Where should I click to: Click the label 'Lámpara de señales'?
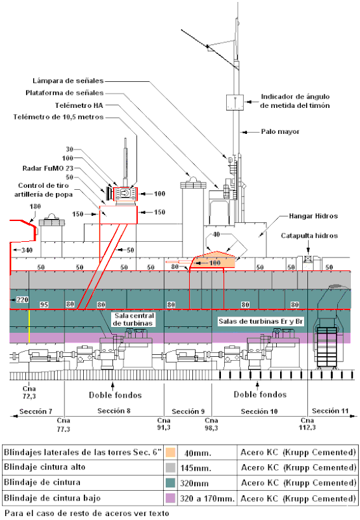point(68,81)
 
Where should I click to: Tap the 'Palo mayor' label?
point(280,132)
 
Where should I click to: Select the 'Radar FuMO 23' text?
point(47,168)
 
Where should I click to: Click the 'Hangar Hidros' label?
point(313,216)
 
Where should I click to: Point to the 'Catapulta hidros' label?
point(309,236)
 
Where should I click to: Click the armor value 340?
point(27,250)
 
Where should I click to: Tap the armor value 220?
point(22,300)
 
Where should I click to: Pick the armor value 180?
point(35,207)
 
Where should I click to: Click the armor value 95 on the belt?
point(44,304)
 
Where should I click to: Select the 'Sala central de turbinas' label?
point(134,319)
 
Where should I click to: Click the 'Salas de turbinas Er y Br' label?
point(261,321)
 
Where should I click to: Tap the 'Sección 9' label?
point(188,411)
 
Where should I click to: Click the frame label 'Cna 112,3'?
point(307,424)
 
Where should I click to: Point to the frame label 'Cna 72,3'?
point(29,393)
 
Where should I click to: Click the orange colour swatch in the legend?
point(170,452)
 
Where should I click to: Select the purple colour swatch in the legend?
point(170,498)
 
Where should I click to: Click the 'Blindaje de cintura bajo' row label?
point(52,498)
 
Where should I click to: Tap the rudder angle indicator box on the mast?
point(235,103)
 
